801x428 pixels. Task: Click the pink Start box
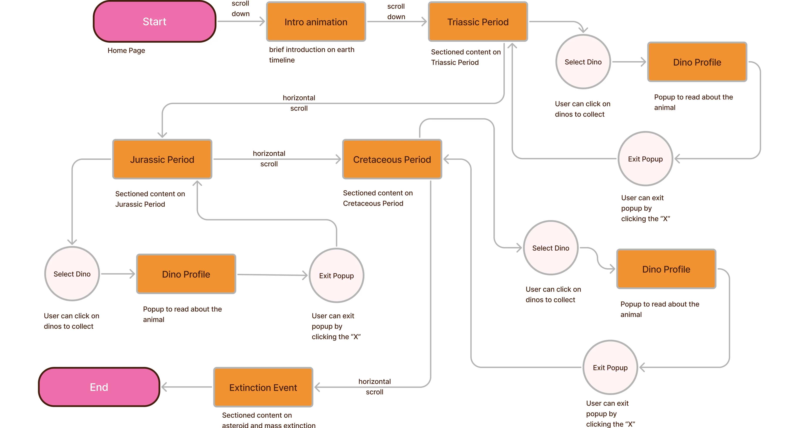[155, 22]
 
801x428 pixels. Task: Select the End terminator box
[99, 387]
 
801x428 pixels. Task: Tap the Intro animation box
[316, 22]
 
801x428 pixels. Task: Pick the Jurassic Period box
[162, 159]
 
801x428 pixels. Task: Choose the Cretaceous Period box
[392, 159]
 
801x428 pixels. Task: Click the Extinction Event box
[263, 387]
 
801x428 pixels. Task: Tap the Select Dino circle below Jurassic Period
[72, 274]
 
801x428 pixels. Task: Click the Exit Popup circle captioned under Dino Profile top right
[645, 159]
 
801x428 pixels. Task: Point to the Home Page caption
[126, 50]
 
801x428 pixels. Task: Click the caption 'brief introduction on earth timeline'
[311, 55]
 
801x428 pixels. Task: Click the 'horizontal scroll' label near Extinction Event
[374, 386]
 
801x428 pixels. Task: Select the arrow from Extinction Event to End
[187, 387]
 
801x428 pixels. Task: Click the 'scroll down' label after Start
[240, 8]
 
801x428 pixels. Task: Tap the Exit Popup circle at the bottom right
[610, 367]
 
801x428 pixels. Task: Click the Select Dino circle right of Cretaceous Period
[550, 248]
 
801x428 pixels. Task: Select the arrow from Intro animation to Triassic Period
[396, 22]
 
